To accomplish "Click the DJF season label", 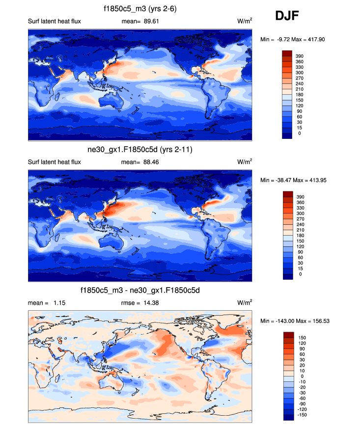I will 287,16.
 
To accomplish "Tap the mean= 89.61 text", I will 140,22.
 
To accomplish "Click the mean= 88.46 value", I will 140,162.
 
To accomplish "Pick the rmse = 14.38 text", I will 140,303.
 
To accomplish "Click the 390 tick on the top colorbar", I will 299,56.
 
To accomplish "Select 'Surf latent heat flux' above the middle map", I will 55,162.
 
